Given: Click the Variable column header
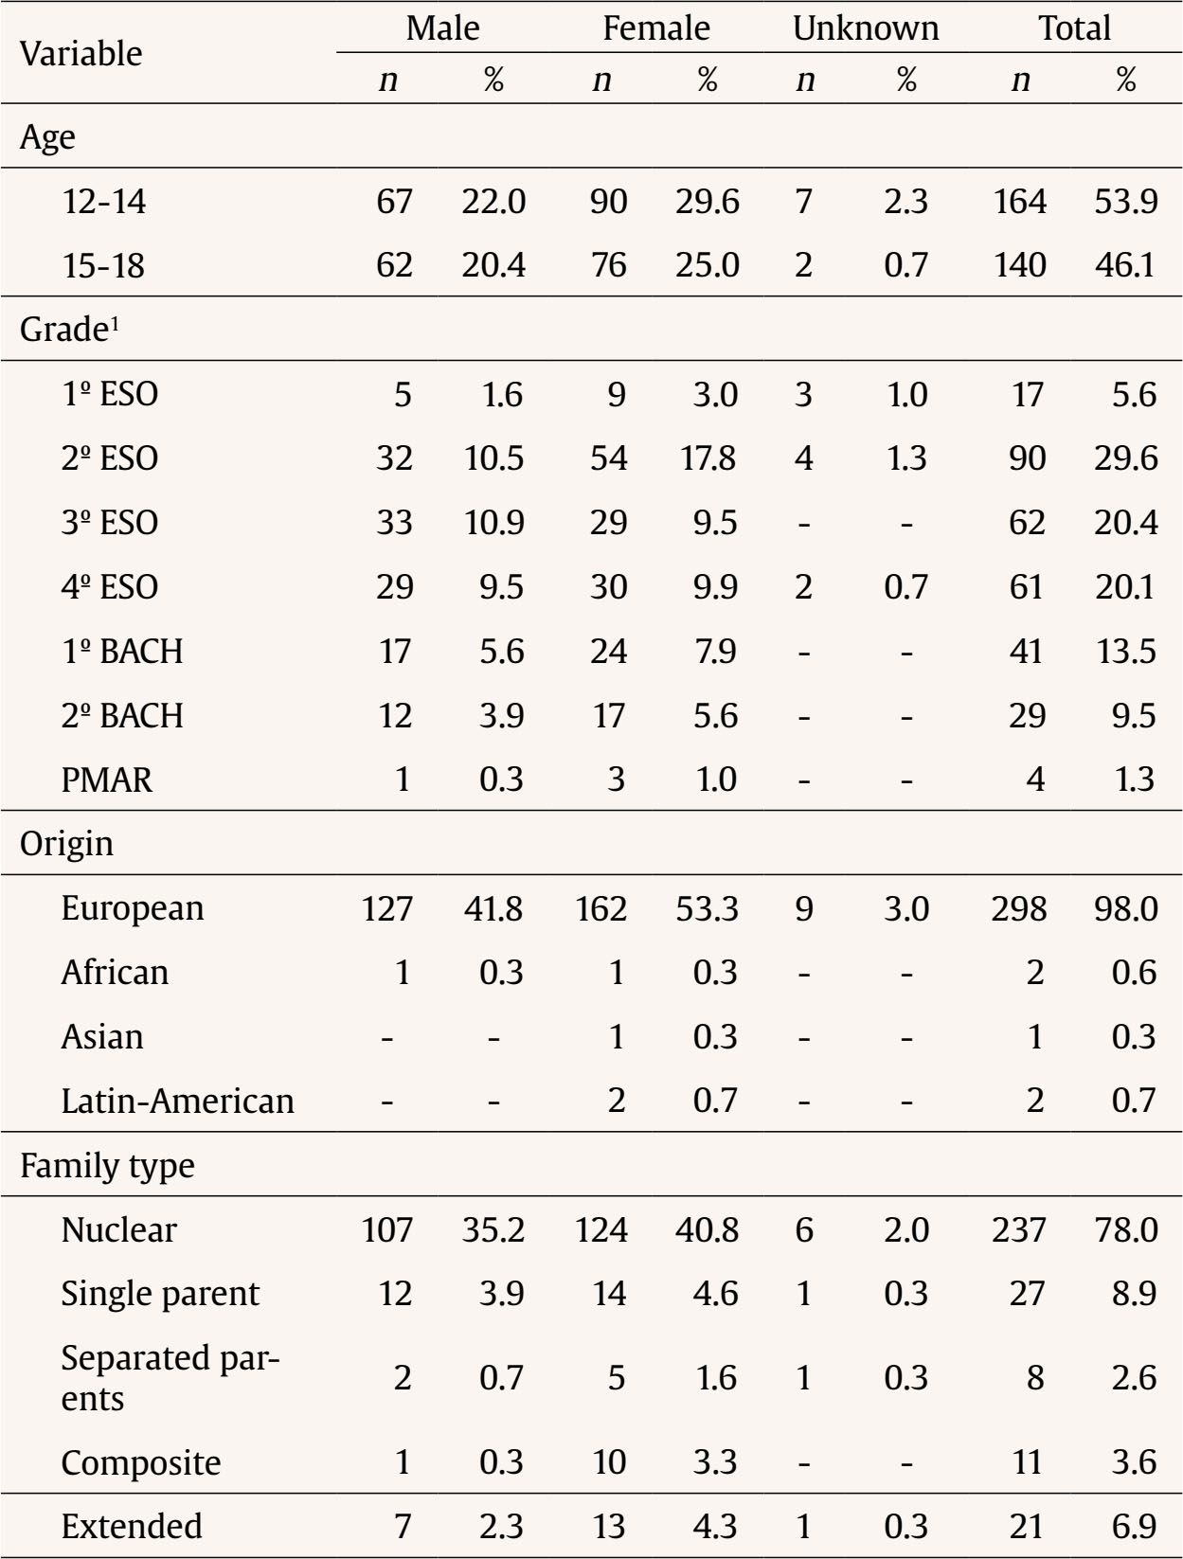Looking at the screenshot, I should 81,54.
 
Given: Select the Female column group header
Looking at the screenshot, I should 655,28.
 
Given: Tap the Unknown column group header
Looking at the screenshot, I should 865,28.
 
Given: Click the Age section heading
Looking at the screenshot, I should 47,137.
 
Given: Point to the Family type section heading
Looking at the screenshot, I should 107,1165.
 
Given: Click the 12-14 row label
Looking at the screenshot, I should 104,202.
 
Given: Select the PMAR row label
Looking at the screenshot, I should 106,779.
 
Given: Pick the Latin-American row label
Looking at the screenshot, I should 177,1101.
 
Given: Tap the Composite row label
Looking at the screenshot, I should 140,1462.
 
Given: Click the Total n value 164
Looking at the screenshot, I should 1019,202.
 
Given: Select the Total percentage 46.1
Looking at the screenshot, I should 1125,265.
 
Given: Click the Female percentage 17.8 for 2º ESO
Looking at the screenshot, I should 707,458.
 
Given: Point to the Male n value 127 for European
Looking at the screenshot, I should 386,908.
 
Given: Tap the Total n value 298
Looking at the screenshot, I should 1019,908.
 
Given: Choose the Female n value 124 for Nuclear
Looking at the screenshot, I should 600,1229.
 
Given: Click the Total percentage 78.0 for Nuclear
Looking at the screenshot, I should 1125,1229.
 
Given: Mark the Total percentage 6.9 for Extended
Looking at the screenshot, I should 1134,1526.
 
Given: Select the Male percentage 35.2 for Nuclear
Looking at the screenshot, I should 493,1229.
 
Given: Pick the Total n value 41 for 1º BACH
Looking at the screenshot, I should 1027,652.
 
